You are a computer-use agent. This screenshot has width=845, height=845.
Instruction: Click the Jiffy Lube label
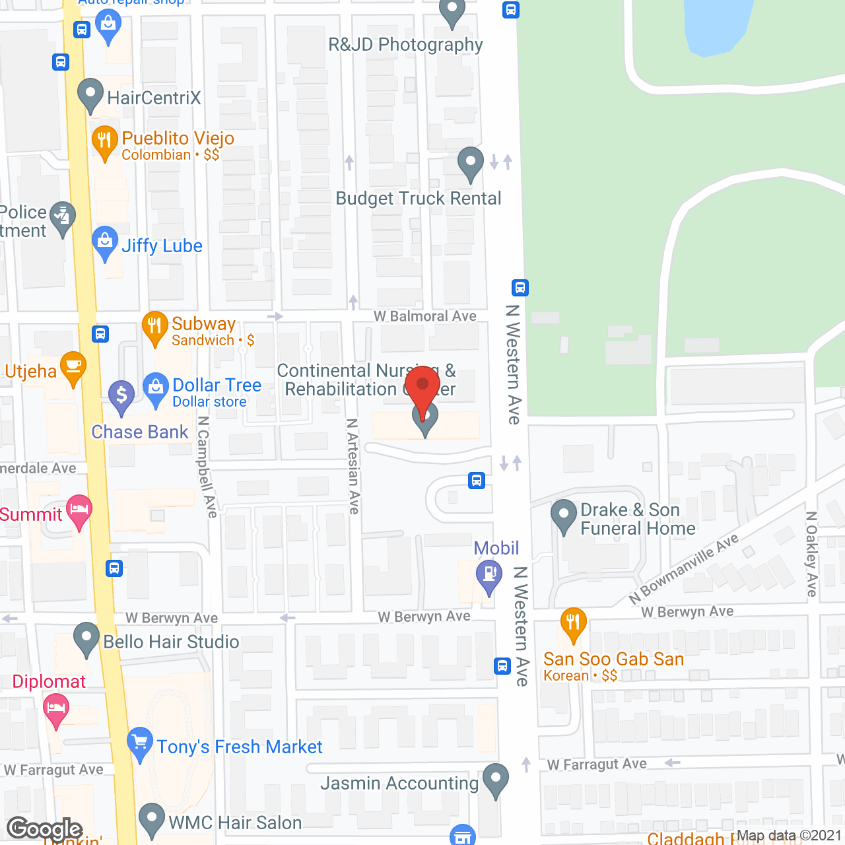[x=162, y=246]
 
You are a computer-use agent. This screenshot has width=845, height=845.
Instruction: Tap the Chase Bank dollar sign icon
[x=121, y=396]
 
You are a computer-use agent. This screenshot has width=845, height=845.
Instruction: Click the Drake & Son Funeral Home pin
[x=564, y=515]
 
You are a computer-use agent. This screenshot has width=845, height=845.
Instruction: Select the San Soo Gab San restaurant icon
[x=573, y=623]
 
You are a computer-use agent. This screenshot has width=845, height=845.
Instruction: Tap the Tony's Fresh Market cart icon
[x=140, y=743]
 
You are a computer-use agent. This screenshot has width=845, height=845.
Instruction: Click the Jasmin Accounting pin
[x=495, y=779]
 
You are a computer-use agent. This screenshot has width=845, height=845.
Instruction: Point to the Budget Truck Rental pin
[x=470, y=162]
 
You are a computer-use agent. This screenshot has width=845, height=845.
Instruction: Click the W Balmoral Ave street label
[x=425, y=316]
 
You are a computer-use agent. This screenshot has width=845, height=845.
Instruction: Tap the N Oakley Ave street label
[x=811, y=554]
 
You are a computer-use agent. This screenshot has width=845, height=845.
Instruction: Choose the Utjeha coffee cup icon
[x=73, y=366]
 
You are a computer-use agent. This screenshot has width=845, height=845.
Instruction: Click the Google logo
[x=45, y=828]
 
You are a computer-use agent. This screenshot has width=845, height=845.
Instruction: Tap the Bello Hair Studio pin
[x=86, y=638]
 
